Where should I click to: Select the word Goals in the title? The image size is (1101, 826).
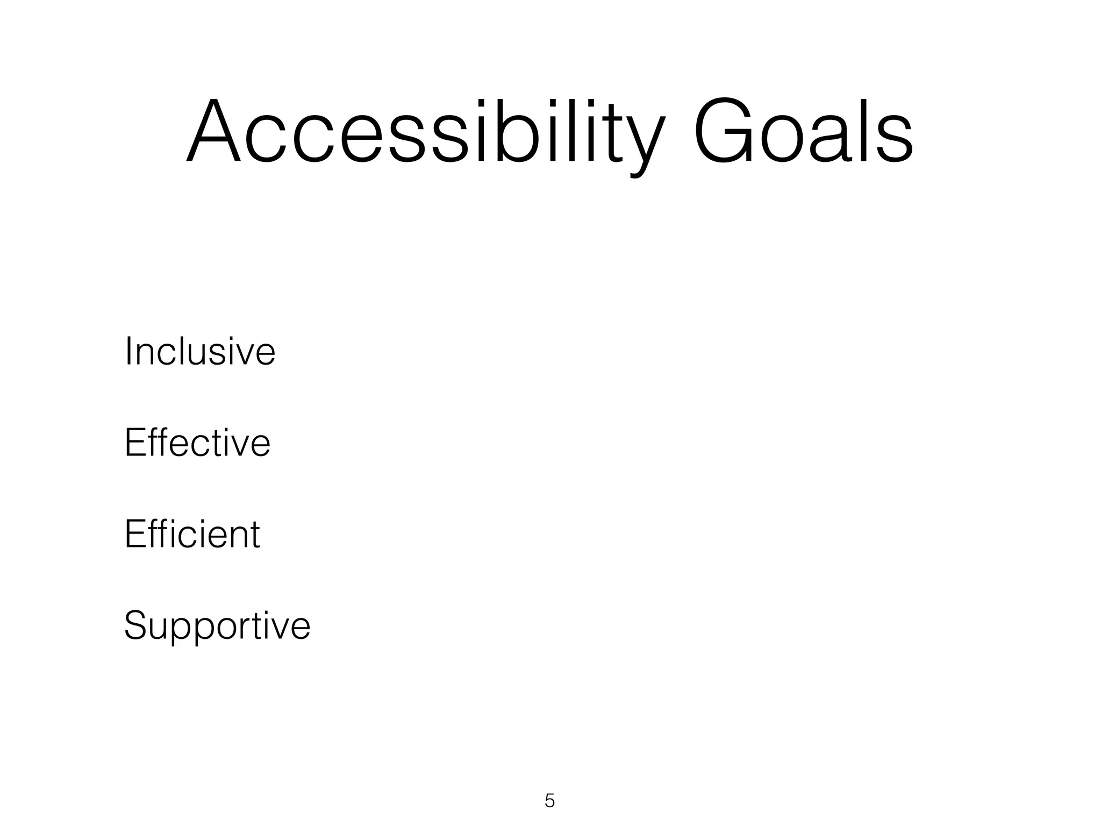803,132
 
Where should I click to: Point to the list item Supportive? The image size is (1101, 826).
217,625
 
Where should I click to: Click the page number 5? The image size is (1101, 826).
549,801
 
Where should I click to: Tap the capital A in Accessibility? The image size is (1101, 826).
213,132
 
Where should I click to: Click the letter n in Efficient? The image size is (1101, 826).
235,538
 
